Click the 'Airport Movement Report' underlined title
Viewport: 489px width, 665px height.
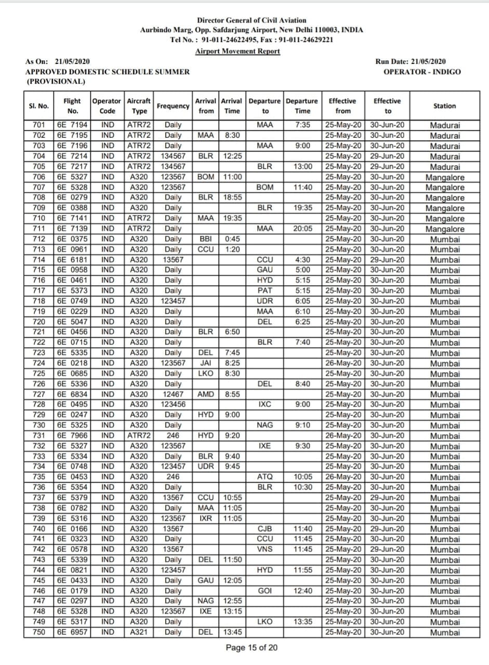point(237,51)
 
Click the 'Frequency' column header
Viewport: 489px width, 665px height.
point(173,106)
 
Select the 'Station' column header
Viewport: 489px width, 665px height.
point(444,106)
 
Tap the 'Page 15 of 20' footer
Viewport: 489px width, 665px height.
point(252,647)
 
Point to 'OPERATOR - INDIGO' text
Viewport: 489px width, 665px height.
point(421,72)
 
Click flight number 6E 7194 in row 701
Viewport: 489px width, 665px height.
point(72,125)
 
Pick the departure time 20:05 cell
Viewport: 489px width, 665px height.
point(302,229)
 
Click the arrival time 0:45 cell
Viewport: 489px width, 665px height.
point(232,239)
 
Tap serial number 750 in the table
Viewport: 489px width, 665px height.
point(38,632)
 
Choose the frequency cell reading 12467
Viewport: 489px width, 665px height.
point(173,394)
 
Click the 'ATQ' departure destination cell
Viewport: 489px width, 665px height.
point(265,477)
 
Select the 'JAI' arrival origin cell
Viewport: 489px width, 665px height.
point(206,363)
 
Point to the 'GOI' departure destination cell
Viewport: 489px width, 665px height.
point(265,591)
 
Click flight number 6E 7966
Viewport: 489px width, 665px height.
point(72,435)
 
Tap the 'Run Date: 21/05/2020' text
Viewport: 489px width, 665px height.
point(410,62)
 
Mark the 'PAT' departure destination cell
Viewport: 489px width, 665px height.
point(265,291)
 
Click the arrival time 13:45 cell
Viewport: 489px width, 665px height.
point(232,632)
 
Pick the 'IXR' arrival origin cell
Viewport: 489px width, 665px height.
point(206,518)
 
